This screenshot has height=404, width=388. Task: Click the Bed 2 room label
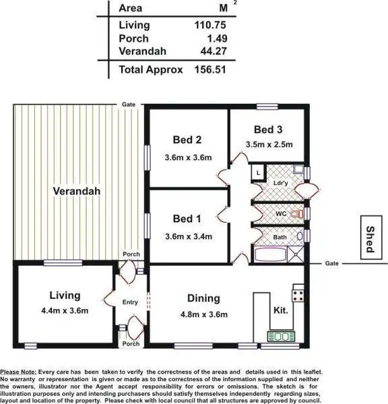coord(187,140)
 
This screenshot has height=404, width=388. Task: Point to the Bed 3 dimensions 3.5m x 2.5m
coord(269,144)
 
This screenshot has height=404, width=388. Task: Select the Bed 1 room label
coord(187,219)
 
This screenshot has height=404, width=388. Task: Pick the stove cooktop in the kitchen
coord(298,294)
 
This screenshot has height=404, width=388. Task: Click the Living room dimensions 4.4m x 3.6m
coord(65,310)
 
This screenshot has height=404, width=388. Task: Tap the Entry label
coord(129,302)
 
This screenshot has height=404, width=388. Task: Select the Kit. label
coord(282,311)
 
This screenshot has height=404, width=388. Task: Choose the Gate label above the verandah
coord(128,105)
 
